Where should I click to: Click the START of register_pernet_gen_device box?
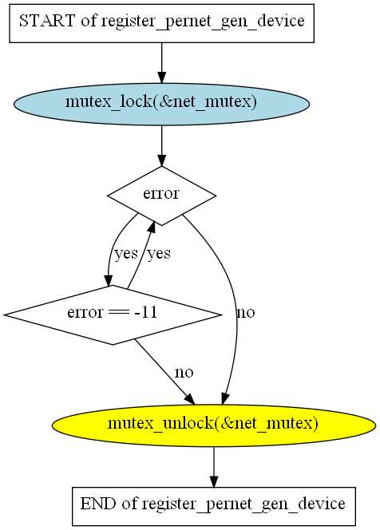[x=161, y=23]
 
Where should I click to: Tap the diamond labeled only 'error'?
[x=161, y=196]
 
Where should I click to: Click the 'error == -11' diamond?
[x=113, y=314]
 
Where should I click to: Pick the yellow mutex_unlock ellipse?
[x=214, y=425]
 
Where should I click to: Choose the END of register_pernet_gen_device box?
[x=214, y=506]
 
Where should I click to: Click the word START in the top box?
[x=47, y=21]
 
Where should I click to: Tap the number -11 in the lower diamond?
[x=146, y=312]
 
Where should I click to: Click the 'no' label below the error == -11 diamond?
[x=184, y=373]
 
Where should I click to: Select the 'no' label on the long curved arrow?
[x=246, y=313]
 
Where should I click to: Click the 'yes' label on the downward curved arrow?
[x=126, y=254]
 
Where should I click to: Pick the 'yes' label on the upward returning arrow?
[x=159, y=254]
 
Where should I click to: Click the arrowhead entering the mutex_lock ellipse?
[x=161, y=77]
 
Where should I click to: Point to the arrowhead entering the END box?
[x=214, y=481]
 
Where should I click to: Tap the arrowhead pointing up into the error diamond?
[x=152, y=227]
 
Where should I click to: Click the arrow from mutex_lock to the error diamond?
[x=161, y=146]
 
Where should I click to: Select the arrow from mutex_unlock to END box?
[x=214, y=467]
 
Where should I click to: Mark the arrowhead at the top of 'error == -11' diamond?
[x=109, y=280]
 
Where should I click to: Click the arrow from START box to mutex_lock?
[x=161, y=63]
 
